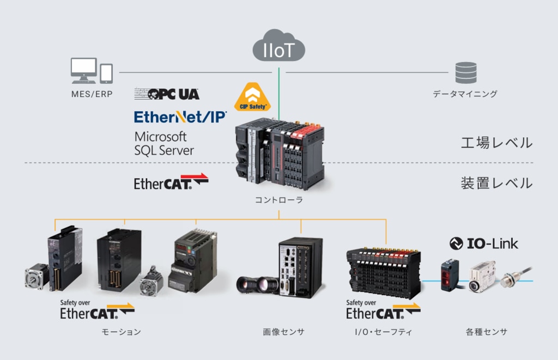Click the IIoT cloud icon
[x=278, y=46]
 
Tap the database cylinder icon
[x=466, y=72]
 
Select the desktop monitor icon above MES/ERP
[x=83, y=70]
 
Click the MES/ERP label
[x=92, y=94]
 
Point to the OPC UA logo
[x=167, y=94]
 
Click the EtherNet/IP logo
[x=180, y=117]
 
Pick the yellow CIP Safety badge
[x=252, y=97]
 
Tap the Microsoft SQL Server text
[x=164, y=143]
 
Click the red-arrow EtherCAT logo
[x=171, y=182]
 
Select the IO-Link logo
[x=484, y=243]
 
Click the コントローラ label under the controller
[x=279, y=200]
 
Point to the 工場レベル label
[x=497, y=143]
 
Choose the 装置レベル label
[x=497, y=183]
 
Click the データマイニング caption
[x=465, y=94]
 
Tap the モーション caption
[x=122, y=332]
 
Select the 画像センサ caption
[x=283, y=332]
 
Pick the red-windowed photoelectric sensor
[x=450, y=276]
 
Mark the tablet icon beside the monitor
[x=106, y=74]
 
